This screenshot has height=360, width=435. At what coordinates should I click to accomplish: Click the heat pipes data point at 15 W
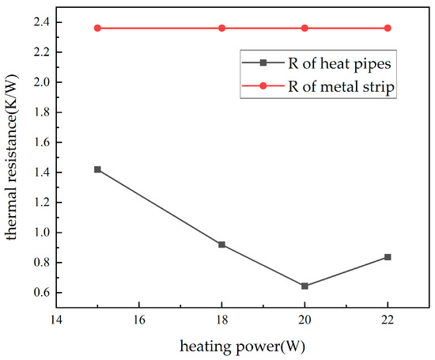tap(97, 169)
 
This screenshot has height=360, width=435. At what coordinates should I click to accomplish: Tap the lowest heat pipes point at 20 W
tap(305, 286)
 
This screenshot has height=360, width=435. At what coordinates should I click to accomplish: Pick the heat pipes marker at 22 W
tap(388, 257)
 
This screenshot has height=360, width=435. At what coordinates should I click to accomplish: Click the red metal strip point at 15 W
tap(97, 28)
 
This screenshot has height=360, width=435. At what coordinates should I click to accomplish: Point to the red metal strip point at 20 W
tap(305, 28)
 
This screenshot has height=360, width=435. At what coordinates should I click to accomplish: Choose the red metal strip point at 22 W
tap(388, 28)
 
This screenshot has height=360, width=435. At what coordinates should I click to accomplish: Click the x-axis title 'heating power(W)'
tap(243, 347)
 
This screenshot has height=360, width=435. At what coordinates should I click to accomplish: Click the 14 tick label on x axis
tap(56, 321)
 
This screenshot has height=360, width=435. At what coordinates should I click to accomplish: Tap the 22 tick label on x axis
tap(388, 321)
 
